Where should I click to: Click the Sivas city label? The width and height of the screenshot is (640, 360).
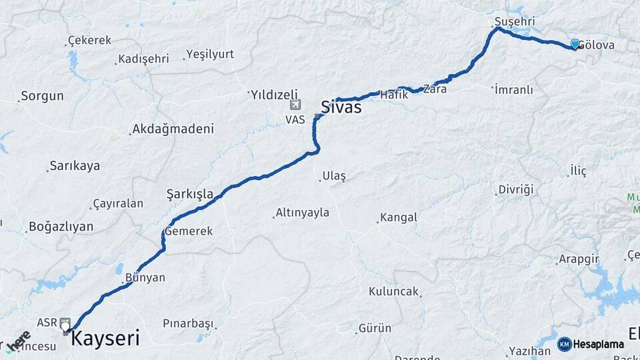[341, 107]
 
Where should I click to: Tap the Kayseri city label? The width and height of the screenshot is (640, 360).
[105, 338]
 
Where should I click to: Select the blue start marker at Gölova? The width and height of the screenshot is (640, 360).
[575, 44]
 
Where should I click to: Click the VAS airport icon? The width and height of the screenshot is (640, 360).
[295, 105]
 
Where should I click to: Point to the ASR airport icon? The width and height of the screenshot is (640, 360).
[65, 322]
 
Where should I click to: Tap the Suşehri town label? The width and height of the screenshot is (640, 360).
[515, 22]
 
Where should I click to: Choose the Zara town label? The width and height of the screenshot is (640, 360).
[435, 89]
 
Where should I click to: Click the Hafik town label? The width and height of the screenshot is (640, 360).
[393, 95]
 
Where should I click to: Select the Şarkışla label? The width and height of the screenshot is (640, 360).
[190, 195]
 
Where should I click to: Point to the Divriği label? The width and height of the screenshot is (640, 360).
[516, 190]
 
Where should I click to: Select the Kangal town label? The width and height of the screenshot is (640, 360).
[398, 217]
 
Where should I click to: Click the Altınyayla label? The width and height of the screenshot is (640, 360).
[303, 213]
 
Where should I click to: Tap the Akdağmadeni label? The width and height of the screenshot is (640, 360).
[173, 129]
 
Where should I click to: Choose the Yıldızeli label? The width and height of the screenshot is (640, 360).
[274, 95]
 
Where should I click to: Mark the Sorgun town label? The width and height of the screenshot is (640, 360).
[42, 96]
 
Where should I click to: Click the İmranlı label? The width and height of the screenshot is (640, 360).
[514, 89]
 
